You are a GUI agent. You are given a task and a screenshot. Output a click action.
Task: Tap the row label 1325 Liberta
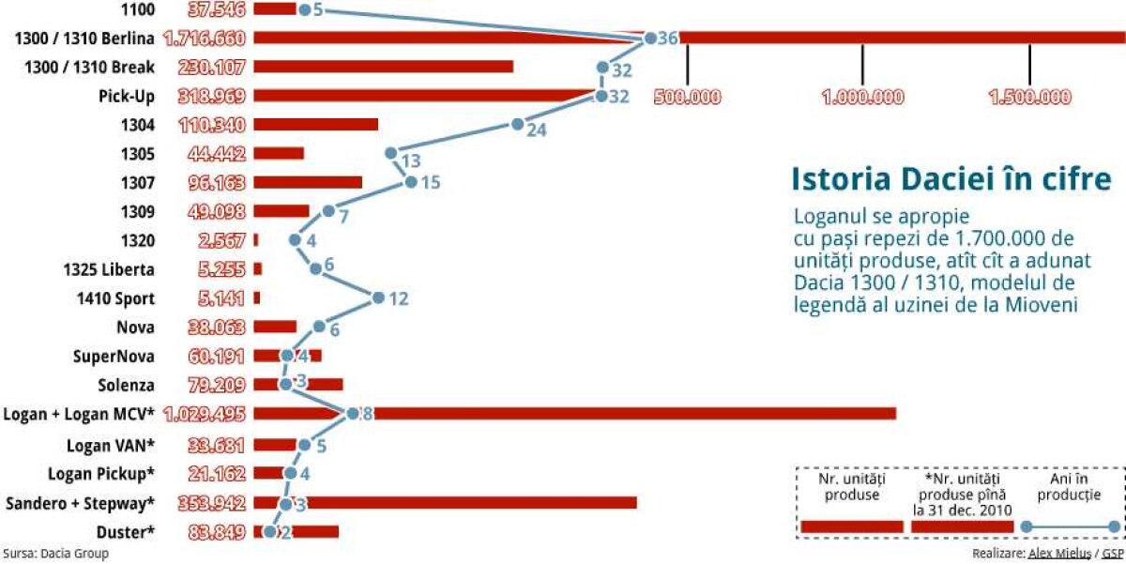click(109, 270)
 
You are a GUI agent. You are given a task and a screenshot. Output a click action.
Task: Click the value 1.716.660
click(205, 38)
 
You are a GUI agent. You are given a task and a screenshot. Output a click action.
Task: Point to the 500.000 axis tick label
click(688, 97)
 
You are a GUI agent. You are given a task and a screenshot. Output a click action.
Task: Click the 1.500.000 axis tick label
click(1030, 97)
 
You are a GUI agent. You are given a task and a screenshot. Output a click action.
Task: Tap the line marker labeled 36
click(650, 38)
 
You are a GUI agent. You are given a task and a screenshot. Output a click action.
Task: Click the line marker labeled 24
click(516, 125)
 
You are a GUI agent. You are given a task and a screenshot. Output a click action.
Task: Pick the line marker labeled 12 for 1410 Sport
click(378, 298)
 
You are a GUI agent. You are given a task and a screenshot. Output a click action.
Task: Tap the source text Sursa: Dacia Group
click(56, 554)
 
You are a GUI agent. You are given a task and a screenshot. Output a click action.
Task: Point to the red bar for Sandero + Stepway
click(469, 503)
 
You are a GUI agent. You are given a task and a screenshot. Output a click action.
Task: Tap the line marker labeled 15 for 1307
click(410, 182)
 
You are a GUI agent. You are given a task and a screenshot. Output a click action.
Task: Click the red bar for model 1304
click(315, 125)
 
